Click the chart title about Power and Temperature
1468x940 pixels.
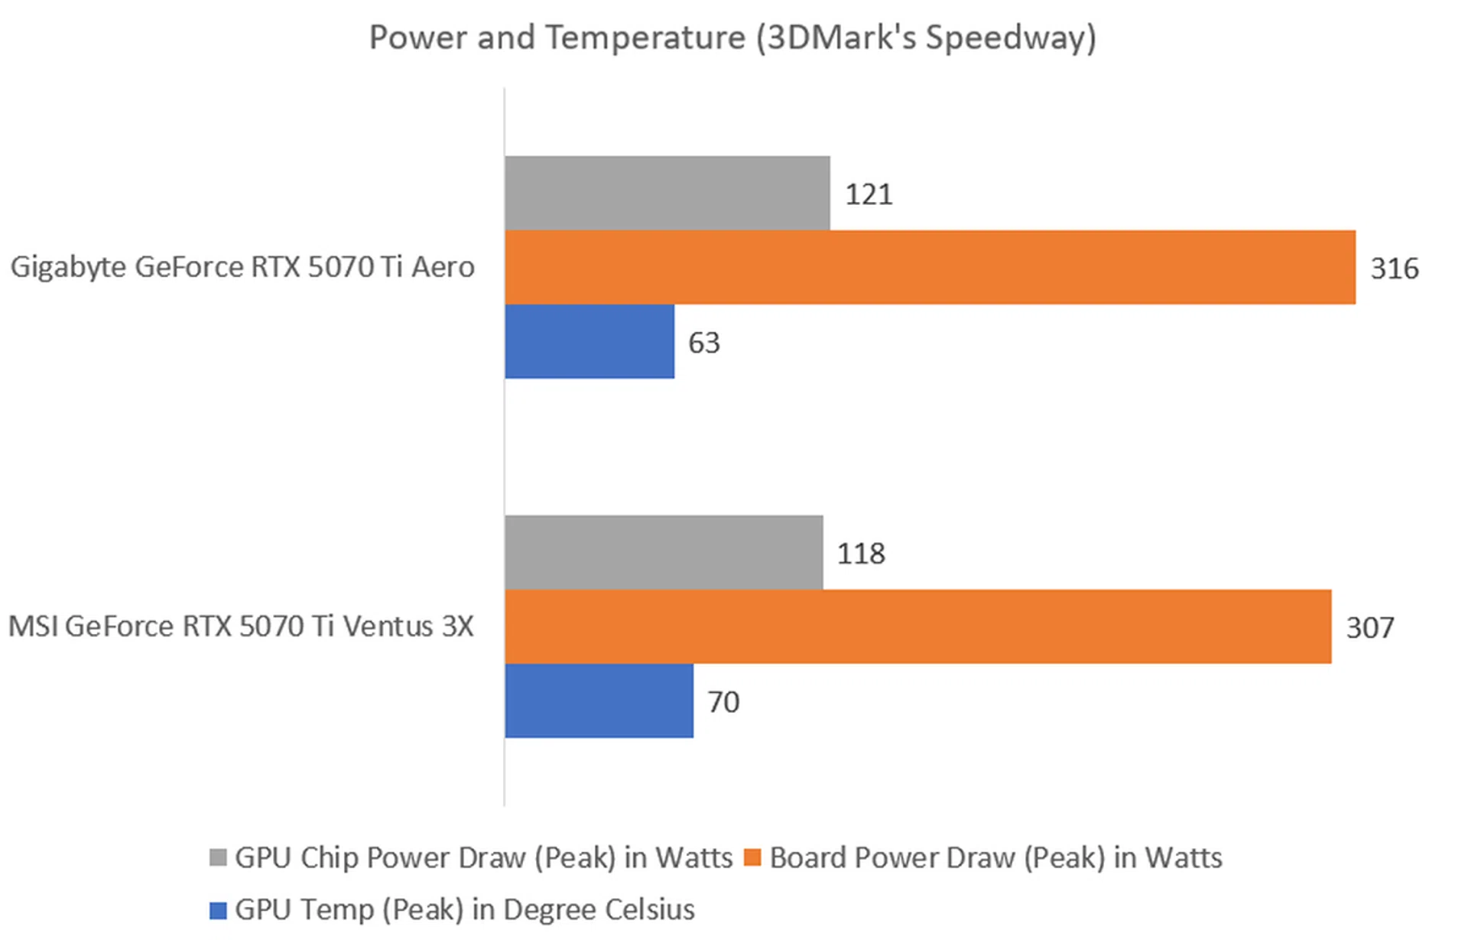pyautogui.click(x=732, y=37)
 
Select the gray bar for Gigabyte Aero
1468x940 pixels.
pyautogui.click(x=667, y=193)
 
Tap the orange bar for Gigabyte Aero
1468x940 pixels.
pyautogui.click(x=929, y=267)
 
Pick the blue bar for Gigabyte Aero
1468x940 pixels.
pyautogui.click(x=589, y=341)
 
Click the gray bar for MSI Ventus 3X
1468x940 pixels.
pyautogui.click(x=664, y=552)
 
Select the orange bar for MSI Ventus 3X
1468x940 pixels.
pyautogui.click(x=917, y=626)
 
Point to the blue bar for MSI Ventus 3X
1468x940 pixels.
pyautogui.click(x=599, y=701)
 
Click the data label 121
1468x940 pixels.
pyautogui.click(x=869, y=194)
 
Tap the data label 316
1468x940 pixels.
pyautogui.click(x=1395, y=268)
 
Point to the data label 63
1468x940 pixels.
pyautogui.click(x=703, y=343)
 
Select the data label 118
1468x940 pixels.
pyautogui.click(x=861, y=554)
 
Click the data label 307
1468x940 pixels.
pyautogui.click(x=1370, y=628)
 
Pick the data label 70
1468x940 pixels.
pyautogui.click(x=723, y=702)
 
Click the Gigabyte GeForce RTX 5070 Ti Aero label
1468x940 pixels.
pyautogui.click(x=242, y=267)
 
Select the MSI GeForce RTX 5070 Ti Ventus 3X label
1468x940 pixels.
pyautogui.click(x=241, y=626)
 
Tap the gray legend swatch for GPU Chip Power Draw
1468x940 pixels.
pyautogui.click(x=218, y=857)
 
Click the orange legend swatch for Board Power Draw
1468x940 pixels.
pyautogui.click(x=752, y=857)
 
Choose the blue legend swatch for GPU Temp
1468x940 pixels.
pyautogui.click(x=218, y=910)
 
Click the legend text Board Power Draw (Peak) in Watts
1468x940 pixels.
pyautogui.click(x=995, y=857)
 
